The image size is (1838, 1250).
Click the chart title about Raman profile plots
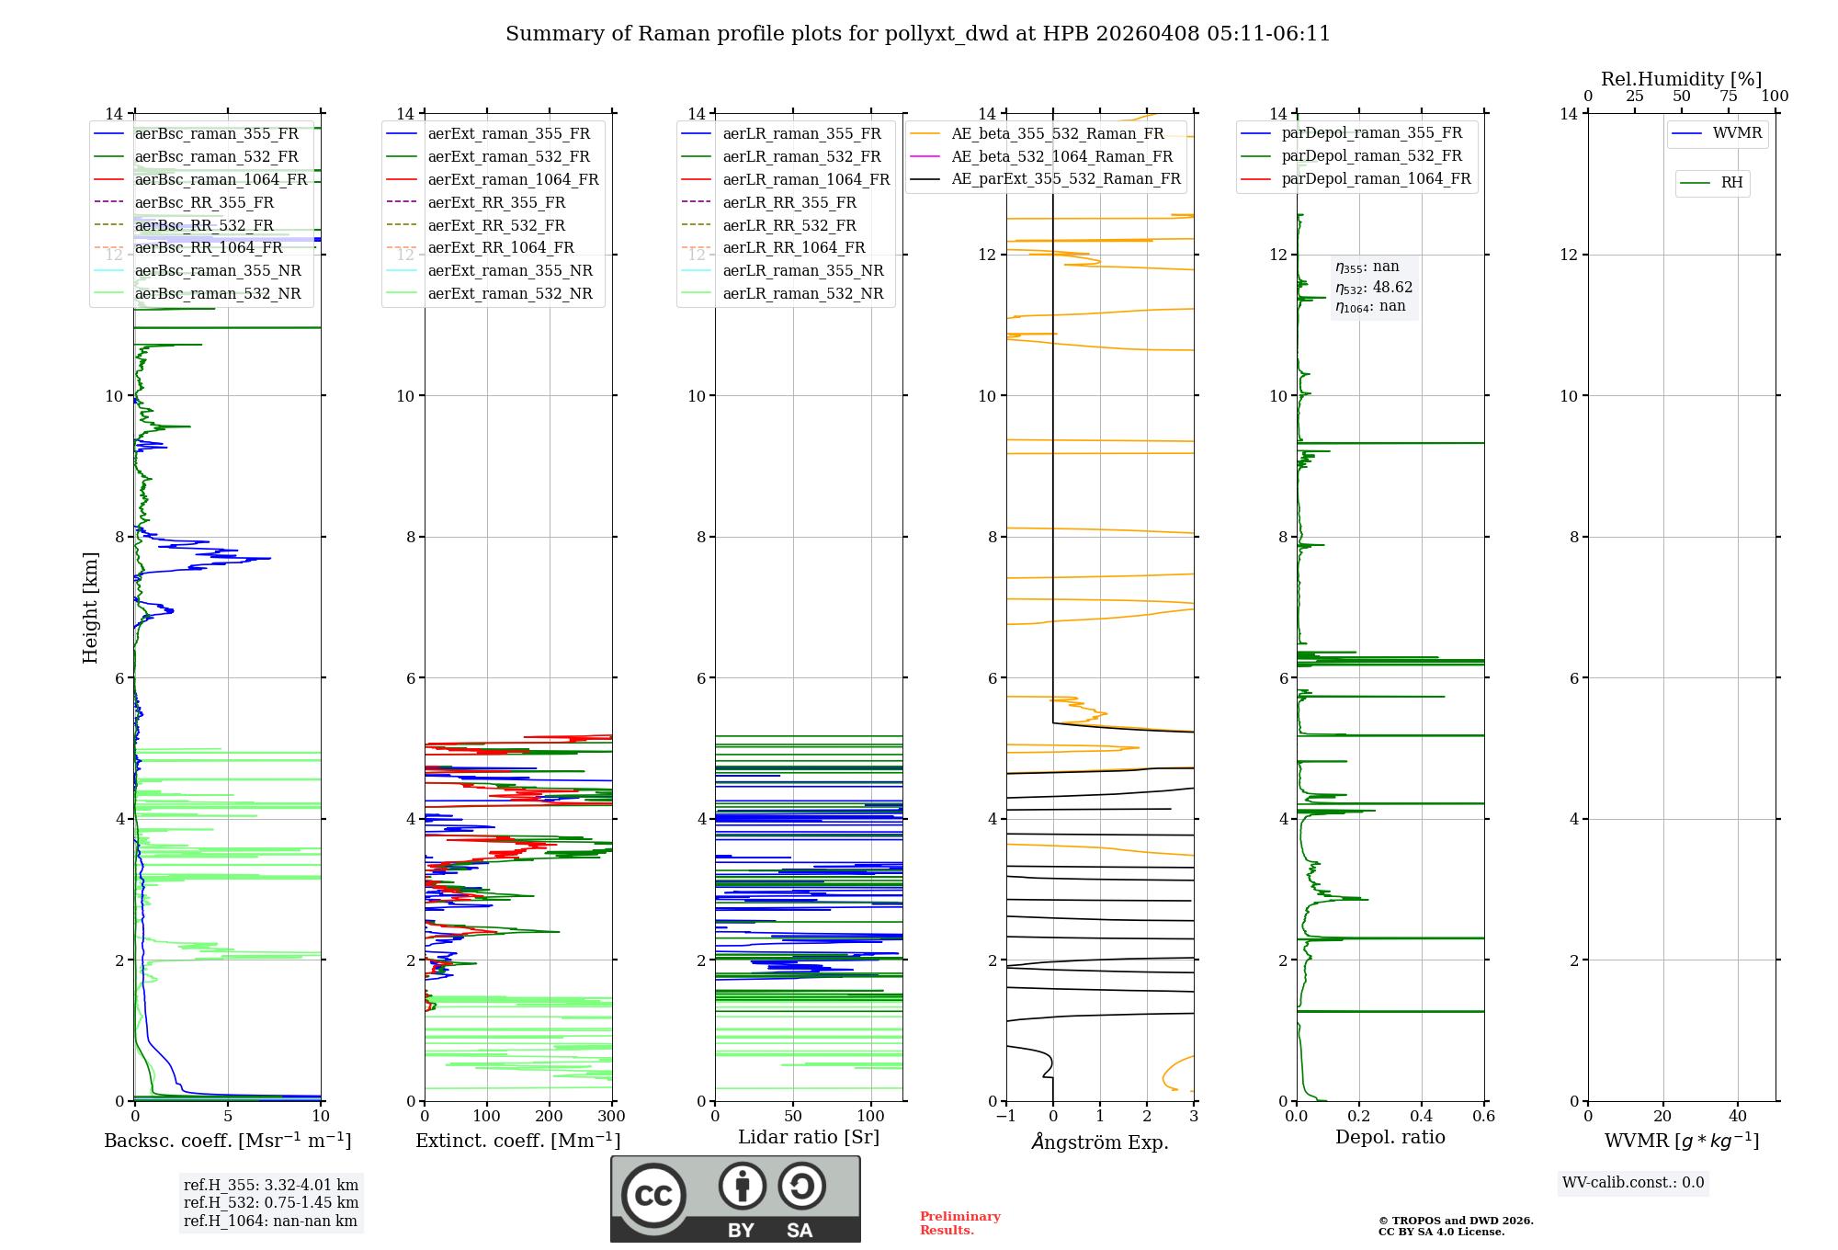click(917, 34)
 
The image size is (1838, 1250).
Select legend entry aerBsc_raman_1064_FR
click(221, 179)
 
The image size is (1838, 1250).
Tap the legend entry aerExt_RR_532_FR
click(496, 225)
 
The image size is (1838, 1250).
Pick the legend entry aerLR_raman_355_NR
click(802, 270)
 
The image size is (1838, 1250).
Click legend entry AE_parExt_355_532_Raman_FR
click(1065, 178)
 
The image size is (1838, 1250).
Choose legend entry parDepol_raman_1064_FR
click(1376, 178)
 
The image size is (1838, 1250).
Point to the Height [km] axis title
click(90, 607)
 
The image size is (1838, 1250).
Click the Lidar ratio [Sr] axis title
click(809, 1137)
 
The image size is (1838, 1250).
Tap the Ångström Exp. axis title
click(1100, 1142)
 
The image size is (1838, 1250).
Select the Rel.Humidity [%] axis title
click(1681, 79)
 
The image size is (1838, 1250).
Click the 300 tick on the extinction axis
click(611, 1117)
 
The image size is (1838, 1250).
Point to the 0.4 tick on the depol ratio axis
click(1421, 1117)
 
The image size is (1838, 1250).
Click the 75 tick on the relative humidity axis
click(1728, 97)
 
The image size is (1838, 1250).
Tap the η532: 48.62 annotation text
click(1374, 288)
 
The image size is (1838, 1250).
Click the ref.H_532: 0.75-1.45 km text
click(271, 1202)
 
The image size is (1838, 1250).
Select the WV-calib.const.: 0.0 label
click(1633, 1183)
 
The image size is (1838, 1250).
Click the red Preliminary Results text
click(959, 1223)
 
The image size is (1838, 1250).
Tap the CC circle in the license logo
click(653, 1195)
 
